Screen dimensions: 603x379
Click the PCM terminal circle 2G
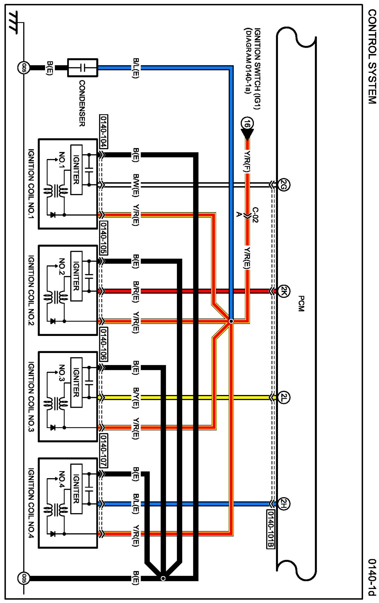tap(283, 185)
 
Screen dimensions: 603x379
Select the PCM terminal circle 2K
tap(283, 291)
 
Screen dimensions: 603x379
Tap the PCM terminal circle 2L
tap(283, 397)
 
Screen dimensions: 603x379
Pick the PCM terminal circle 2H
tap(283, 504)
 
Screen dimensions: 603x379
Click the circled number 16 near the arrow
tap(247, 123)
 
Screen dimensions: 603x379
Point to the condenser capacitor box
tap(82, 68)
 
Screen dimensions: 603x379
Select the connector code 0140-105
tap(104, 238)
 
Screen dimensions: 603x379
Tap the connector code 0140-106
tap(104, 344)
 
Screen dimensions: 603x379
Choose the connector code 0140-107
tap(104, 450)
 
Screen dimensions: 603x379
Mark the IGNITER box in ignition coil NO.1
tap(76, 170)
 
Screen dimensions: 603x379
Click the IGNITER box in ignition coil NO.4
tap(76, 488)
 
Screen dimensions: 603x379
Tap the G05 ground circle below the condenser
tap(23, 68)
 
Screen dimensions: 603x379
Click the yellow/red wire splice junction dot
tap(231, 321)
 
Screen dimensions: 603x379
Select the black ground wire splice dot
tap(163, 578)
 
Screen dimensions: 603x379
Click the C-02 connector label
tap(255, 215)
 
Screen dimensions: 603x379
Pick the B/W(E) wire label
tap(136, 185)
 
